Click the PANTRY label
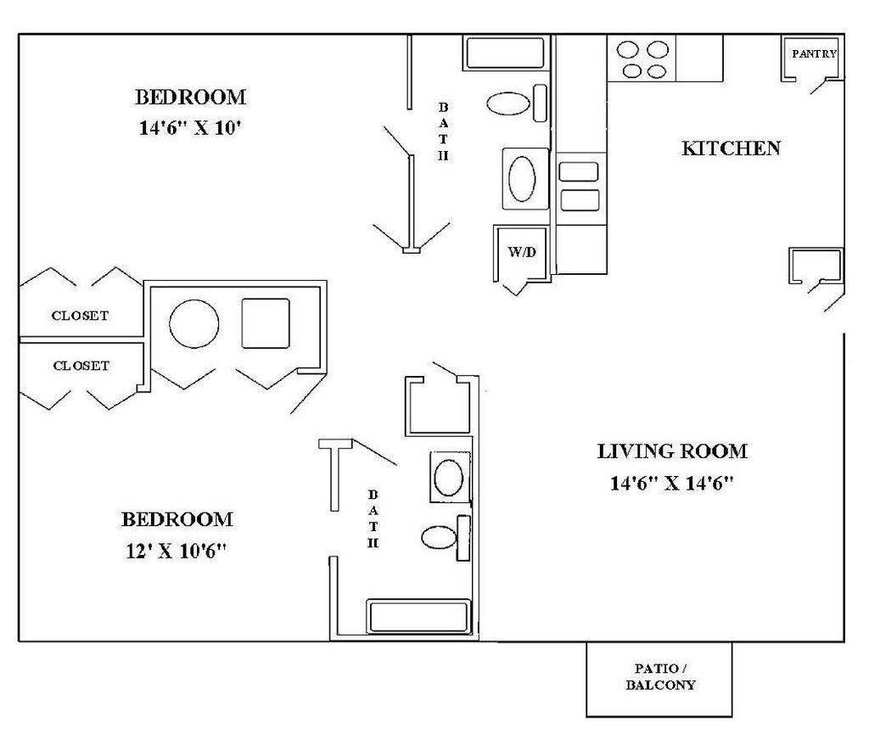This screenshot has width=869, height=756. point(814,53)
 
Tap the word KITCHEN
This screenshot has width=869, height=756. point(731,148)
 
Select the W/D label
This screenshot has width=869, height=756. point(522,252)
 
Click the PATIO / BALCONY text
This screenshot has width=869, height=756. point(660,677)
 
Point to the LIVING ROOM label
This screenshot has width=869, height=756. point(672,451)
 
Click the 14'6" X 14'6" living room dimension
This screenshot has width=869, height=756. point(672,484)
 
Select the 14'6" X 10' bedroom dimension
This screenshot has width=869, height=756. point(190,128)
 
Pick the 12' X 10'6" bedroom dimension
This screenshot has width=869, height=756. point(177,551)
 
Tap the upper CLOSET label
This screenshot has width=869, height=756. point(80,316)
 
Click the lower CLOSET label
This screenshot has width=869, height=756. point(81,366)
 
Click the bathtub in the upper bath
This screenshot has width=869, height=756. point(505,53)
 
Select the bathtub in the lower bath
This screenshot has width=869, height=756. point(418,616)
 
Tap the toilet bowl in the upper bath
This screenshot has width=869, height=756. point(508,104)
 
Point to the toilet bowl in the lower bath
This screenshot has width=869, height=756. point(439,537)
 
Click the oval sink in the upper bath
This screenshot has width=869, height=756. point(522,179)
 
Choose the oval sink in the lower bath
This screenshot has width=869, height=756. point(449,477)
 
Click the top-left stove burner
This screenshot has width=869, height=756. point(628,50)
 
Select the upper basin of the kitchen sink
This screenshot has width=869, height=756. point(579,171)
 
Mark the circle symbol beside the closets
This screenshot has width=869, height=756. point(194,323)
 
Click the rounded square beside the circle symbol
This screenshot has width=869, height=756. point(266,323)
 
